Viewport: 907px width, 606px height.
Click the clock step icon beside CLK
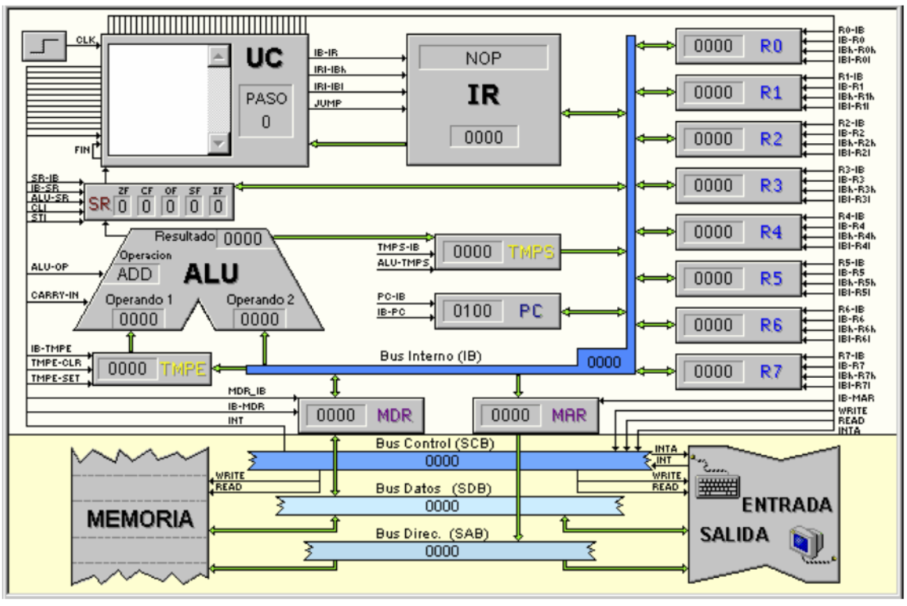point(44,46)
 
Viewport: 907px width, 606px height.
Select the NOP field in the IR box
point(484,58)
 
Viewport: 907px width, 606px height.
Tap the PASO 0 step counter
point(266,110)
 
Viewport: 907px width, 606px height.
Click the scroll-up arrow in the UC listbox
point(218,56)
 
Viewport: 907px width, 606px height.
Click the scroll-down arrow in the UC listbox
point(218,143)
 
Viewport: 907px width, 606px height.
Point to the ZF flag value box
point(122,207)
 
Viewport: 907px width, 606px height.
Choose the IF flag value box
point(218,207)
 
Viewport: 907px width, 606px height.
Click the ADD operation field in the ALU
point(135,275)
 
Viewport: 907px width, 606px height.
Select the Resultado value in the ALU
point(243,239)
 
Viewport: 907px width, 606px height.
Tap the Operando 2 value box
point(260,319)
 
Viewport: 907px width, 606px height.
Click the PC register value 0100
point(472,311)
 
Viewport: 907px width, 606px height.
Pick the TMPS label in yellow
point(531,252)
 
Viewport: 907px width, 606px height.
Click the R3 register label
point(771,186)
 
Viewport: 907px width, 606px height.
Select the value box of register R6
point(713,325)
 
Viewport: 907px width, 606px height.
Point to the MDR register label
point(395,416)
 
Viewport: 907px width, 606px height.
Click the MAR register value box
point(510,416)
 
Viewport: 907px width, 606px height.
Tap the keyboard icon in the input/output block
point(718,486)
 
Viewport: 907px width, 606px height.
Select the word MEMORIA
point(140,519)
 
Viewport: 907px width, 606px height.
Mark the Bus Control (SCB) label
point(435,443)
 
